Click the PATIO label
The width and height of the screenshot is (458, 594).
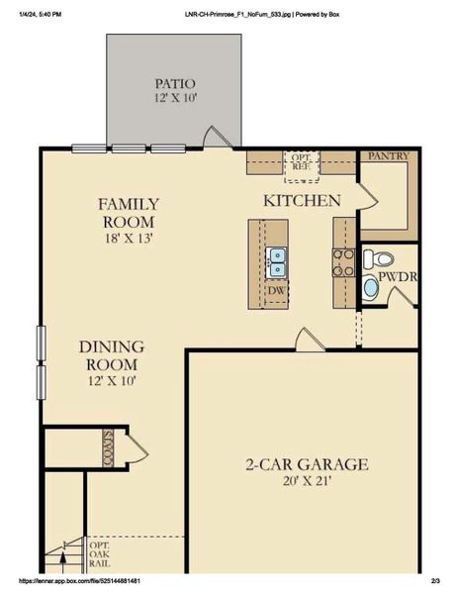174,84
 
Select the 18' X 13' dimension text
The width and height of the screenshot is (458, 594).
128,238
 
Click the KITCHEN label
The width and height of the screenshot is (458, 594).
301,201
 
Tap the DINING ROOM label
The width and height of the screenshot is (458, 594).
112,355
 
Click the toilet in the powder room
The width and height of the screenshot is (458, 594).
378,259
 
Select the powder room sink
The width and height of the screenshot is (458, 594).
371,289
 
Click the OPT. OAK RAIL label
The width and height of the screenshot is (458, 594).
100,555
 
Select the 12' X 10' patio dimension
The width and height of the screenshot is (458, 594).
174,99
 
